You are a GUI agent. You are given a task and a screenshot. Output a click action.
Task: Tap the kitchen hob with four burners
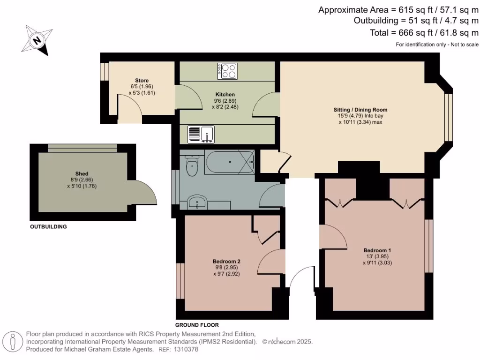pyautogui.click(x=227, y=71)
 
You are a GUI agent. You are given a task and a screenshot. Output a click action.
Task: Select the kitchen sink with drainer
pyautogui.click(x=201, y=135)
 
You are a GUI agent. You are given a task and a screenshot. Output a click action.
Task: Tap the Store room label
pyautogui.click(x=142, y=80)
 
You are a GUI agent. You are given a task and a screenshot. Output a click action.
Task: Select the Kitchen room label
pyautogui.click(x=225, y=94)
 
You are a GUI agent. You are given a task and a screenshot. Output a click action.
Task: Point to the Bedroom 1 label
pyautogui.click(x=377, y=250)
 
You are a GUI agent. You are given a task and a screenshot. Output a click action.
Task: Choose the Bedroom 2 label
pyautogui.click(x=226, y=261)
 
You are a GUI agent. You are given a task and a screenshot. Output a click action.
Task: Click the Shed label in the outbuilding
pyautogui.click(x=82, y=173)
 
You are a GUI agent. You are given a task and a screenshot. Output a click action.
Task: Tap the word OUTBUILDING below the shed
pyautogui.click(x=48, y=227)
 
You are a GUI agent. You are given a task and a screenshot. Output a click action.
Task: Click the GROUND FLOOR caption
pyautogui.click(x=197, y=325)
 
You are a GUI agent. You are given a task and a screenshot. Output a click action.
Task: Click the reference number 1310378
pyautogui.click(x=186, y=349)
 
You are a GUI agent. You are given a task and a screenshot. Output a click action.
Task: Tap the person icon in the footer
pyautogui.click(x=13, y=342)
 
